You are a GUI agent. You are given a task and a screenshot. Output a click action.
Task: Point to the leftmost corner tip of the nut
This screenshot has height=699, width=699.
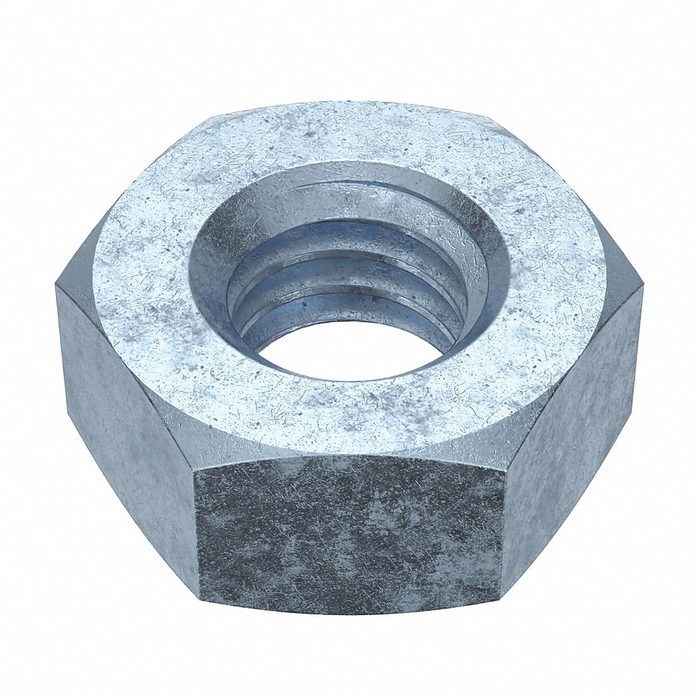coord(56,286)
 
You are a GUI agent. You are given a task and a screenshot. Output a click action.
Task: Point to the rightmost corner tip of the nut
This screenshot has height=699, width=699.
coord(643,286)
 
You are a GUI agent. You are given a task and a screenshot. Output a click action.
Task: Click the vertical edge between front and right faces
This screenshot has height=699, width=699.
coord(504,526)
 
